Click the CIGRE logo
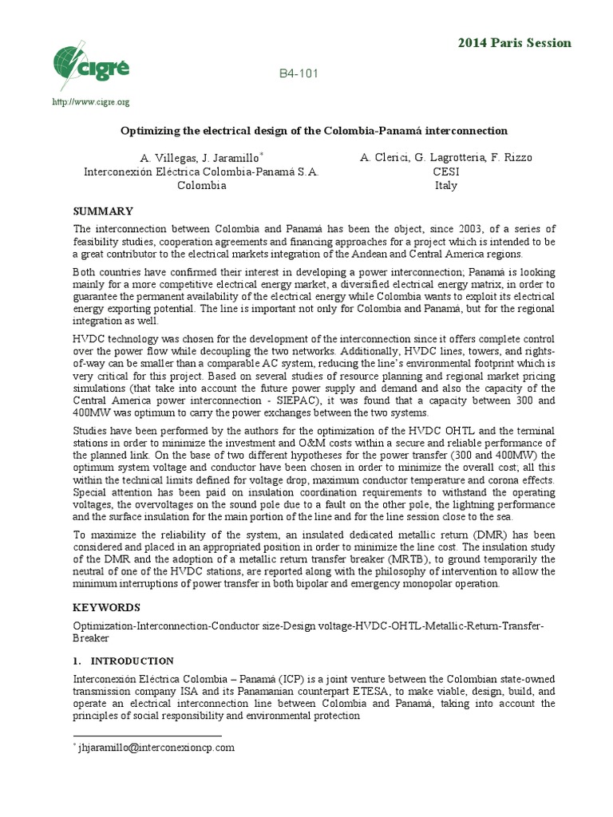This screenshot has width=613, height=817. tap(89, 65)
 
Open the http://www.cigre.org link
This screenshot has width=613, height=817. tap(90, 102)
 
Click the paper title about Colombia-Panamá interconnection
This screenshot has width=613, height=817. tap(314, 130)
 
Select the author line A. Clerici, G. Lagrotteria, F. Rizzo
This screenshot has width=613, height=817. tap(446, 158)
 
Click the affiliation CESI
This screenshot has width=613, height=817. tap(446, 172)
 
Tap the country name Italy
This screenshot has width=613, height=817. tap(446, 185)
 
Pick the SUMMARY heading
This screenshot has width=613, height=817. tap(103, 211)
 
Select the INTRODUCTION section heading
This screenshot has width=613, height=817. tap(132, 661)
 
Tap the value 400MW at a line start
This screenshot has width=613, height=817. tap(91, 413)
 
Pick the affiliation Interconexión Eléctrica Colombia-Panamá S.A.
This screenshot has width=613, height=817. tap(202, 172)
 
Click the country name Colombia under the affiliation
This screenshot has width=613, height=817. tap(202, 185)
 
